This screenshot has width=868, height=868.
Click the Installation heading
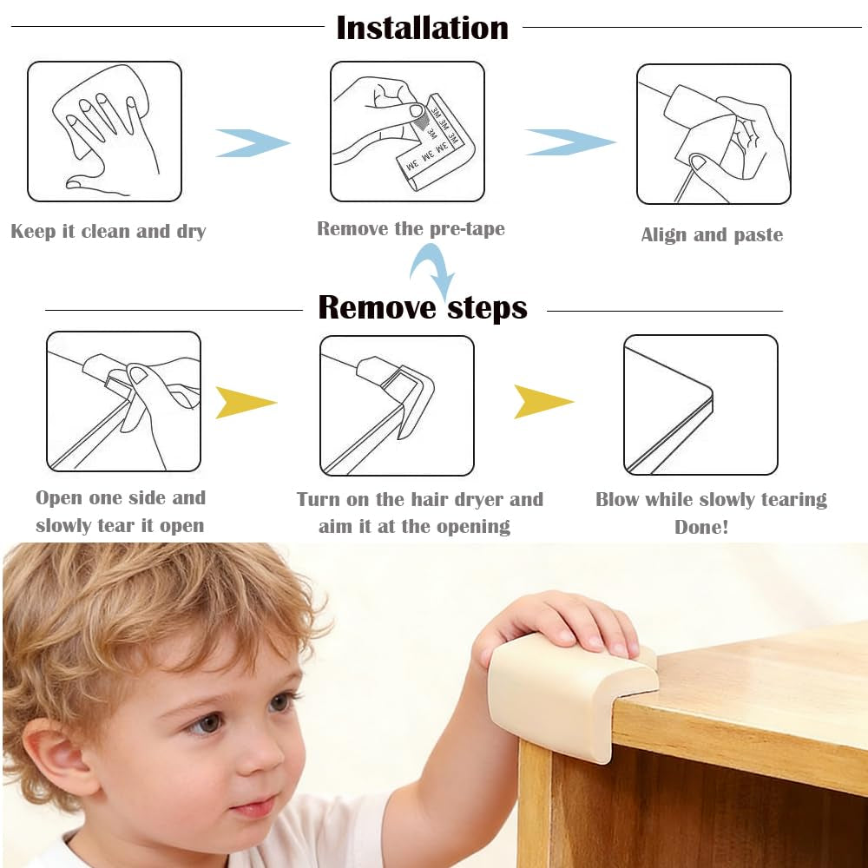[422, 28]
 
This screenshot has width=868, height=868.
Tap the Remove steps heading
[423, 307]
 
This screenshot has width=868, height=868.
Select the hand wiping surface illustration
[105, 131]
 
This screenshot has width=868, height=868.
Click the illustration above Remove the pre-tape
[407, 131]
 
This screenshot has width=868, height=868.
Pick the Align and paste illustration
[713, 134]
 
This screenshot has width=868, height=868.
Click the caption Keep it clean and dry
[108, 232]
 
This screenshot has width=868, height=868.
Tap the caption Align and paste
[712, 235]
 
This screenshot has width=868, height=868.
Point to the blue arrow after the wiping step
[251, 143]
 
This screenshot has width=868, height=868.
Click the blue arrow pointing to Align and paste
[569, 142]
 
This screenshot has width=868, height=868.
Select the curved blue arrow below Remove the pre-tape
[433, 270]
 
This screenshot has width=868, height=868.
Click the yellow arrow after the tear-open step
[245, 403]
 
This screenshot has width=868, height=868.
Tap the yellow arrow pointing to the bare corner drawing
[542, 402]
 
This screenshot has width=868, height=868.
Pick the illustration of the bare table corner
[700, 404]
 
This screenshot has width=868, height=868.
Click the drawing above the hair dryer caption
[397, 405]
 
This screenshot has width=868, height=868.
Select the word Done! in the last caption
[701, 527]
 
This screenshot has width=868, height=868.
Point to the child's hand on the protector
[564, 621]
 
